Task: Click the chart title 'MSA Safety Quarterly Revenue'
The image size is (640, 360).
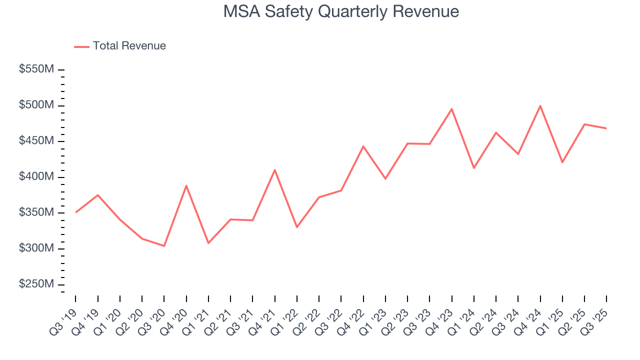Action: (x=341, y=11)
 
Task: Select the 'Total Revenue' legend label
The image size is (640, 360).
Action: (x=129, y=46)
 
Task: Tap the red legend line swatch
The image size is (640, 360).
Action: (x=81, y=46)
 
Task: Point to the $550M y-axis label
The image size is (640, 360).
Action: (x=36, y=69)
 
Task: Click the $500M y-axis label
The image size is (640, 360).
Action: (x=36, y=105)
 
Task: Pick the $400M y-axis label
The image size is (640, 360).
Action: (x=36, y=177)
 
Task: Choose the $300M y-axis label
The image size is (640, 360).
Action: (x=36, y=248)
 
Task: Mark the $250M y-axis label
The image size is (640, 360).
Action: (x=36, y=284)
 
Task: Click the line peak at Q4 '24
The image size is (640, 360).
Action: (x=540, y=105)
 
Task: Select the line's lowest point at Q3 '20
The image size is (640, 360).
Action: (x=164, y=246)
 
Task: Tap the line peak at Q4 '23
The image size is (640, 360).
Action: (x=451, y=109)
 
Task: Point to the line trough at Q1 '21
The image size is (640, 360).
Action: (x=208, y=243)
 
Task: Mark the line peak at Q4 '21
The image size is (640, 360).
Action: (x=274, y=170)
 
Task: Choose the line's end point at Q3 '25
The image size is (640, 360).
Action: (x=606, y=128)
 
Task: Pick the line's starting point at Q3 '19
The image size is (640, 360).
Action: (x=75, y=212)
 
